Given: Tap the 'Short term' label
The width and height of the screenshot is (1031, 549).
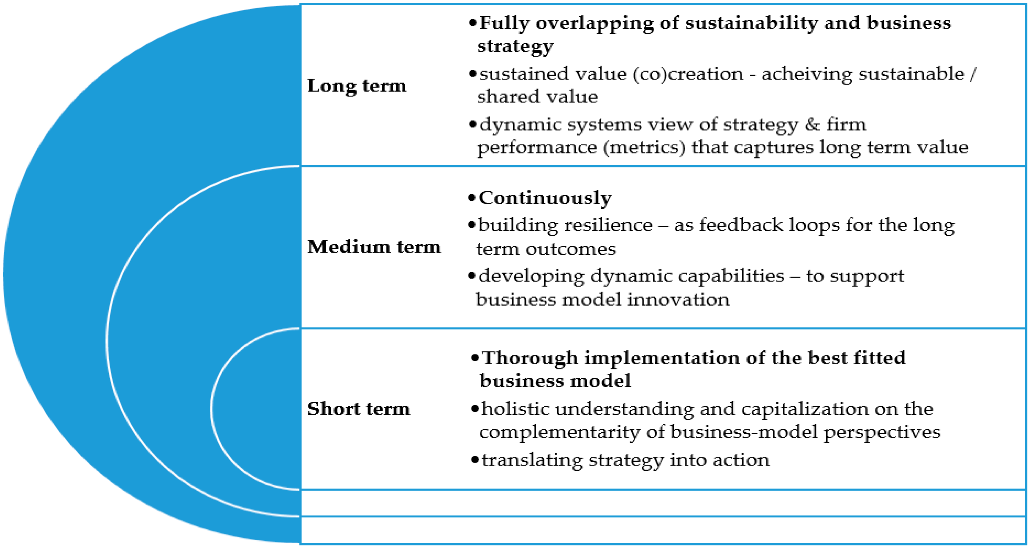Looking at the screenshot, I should tap(358, 409).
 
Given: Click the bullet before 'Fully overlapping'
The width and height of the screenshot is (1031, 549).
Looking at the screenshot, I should tap(473, 23).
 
